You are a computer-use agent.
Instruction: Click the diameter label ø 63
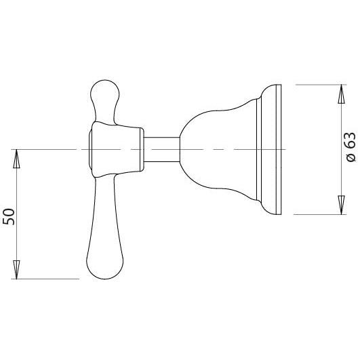click(x=351, y=148)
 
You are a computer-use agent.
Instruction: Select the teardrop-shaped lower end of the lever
click(x=100, y=261)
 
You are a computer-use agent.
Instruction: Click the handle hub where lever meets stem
click(x=119, y=148)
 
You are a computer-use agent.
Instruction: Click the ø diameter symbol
click(x=351, y=159)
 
